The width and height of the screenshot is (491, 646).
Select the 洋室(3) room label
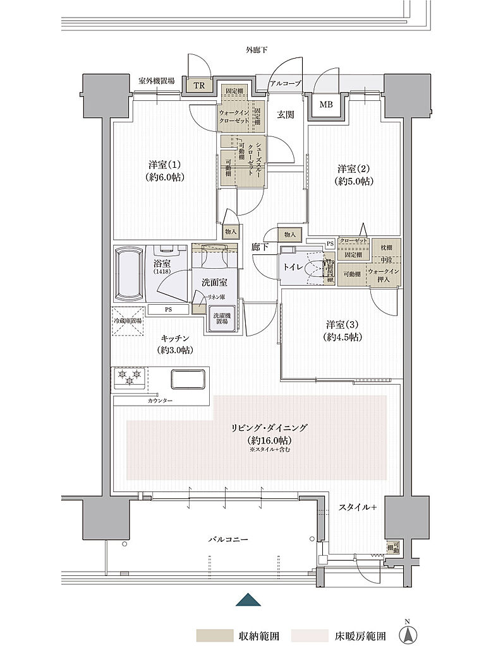click(344, 330)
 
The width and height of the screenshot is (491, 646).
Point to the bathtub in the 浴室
click(130, 274)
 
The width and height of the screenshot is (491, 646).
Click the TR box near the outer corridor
click(199, 86)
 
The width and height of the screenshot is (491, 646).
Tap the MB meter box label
click(325, 105)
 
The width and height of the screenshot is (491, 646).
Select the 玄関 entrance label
click(285, 115)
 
